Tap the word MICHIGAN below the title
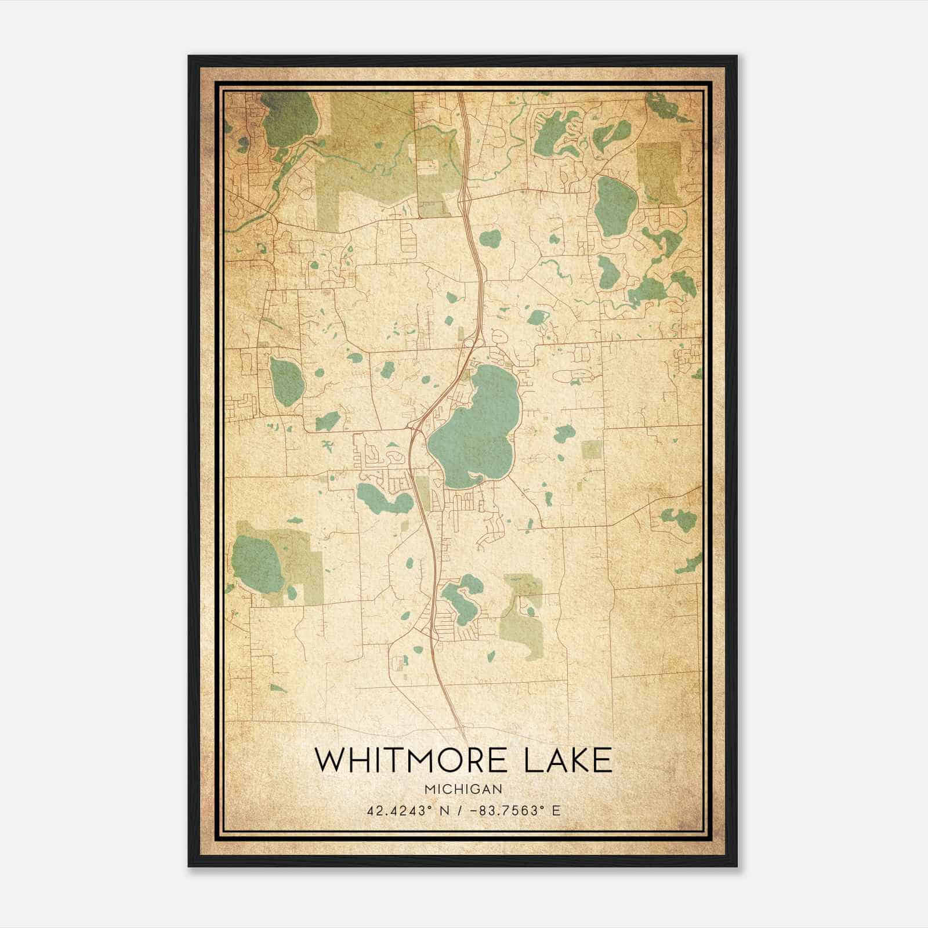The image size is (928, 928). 463,789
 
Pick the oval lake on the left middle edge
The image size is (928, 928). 287,381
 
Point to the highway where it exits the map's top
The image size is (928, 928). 462,96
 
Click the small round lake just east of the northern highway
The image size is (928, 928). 490,237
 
